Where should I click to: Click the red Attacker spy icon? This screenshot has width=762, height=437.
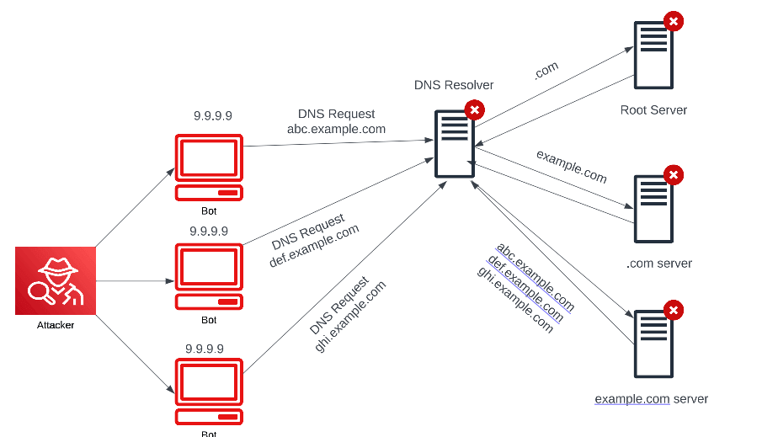pyautogui.click(x=56, y=280)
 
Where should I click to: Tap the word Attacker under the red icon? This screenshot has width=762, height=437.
pyautogui.click(x=56, y=325)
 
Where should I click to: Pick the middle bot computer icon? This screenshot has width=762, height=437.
pyautogui.click(x=209, y=276)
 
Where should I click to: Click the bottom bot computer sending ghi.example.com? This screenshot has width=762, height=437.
pyautogui.click(x=209, y=392)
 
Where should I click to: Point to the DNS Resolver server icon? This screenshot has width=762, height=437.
pyautogui.click(x=455, y=143)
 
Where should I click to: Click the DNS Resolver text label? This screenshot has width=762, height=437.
pyautogui.click(x=454, y=85)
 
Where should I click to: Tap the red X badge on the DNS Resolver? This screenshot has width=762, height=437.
pyautogui.click(x=475, y=109)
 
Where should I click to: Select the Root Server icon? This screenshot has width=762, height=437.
pyautogui.click(x=654, y=55)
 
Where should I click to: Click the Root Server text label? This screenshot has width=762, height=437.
pyautogui.click(x=653, y=109)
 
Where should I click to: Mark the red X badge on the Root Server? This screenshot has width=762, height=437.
pyautogui.click(x=674, y=22)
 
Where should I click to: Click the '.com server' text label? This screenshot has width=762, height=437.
pyautogui.click(x=659, y=264)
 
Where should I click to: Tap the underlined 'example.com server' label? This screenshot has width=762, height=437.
pyautogui.click(x=651, y=398)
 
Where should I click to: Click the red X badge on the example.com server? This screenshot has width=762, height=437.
pyautogui.click(x=674, y=310)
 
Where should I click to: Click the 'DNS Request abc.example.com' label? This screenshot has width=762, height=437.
pyautogui.click(x=336, y=121)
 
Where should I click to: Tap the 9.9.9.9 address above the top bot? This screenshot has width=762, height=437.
pyautogui.click(x=212, y=116)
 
